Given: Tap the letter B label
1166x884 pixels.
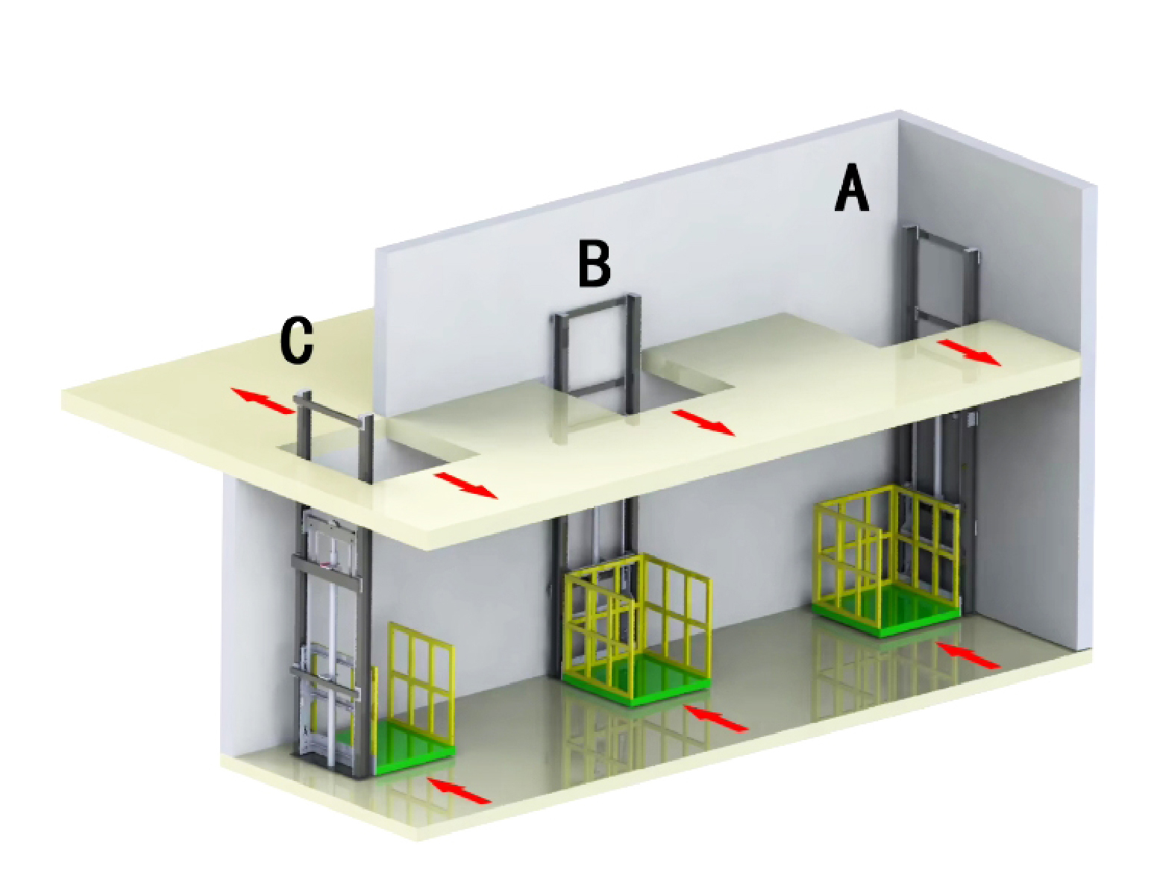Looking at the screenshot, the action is (594, 263).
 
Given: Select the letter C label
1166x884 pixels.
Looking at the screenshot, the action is (296, 341).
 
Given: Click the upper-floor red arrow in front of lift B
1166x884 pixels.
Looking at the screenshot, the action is (703, 422).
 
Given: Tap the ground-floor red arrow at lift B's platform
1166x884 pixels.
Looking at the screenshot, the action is (717, 718).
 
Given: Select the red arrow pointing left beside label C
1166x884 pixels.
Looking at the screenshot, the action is (263, 401).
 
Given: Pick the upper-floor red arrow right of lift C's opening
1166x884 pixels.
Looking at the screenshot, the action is (466, 486).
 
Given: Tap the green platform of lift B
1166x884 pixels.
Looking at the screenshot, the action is (635, 681).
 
